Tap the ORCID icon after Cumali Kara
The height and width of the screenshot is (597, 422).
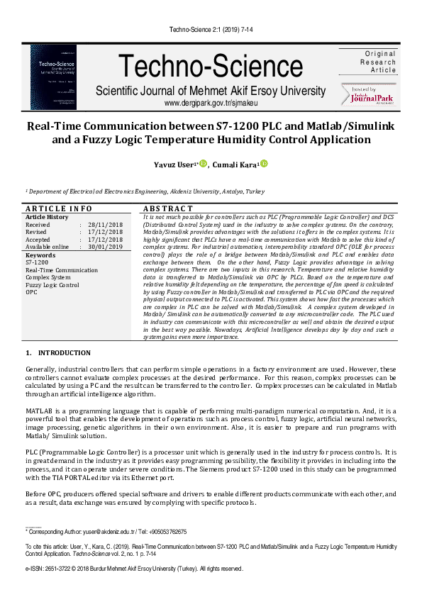tap(264, 164)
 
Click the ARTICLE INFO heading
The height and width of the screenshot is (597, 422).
tap(58, 208)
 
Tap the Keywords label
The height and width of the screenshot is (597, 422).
tap(40, 255)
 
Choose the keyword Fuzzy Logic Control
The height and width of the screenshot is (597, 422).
tap(52, 285)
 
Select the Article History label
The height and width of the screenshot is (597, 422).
tap(47, 216)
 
